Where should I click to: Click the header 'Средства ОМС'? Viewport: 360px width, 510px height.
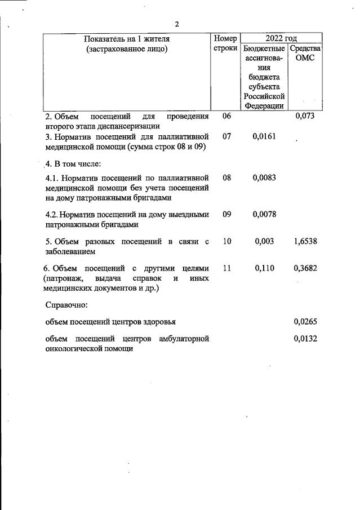point(305,54)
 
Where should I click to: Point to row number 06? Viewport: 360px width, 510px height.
point(226,116)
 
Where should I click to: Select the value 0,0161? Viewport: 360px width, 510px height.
point(264,136)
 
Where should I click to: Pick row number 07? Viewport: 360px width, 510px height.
point(226,136)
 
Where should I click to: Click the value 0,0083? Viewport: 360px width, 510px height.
point(264,178)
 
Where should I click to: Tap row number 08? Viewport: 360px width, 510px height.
point(226,178)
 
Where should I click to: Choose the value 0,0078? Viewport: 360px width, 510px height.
point(264,214)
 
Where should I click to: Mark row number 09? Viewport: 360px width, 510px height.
point(226,214)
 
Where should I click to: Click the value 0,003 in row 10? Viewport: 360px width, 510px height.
point(264,242)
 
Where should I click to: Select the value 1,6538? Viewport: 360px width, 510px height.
point(305,242)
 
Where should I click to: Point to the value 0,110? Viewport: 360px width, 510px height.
point(264,269)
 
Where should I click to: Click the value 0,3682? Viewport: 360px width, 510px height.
point(305,269)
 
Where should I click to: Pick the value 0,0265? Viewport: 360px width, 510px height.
point(305,322)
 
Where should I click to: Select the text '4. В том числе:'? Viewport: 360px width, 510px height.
point(73,164)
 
